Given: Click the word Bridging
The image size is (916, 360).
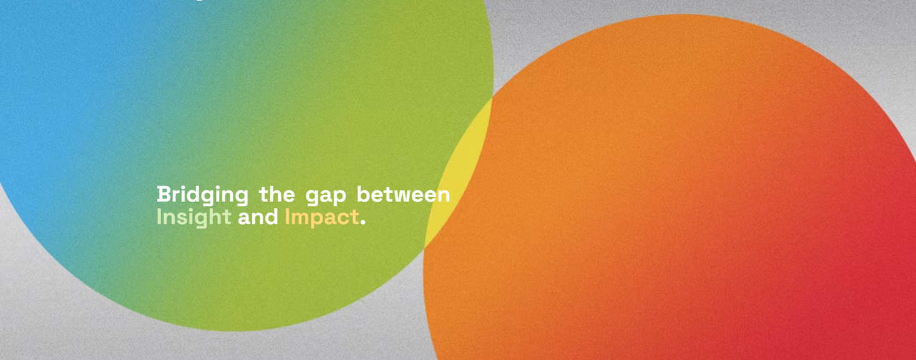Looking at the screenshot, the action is click(x=202, y=195).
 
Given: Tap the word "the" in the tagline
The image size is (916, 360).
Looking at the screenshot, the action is click(x=277, y=194).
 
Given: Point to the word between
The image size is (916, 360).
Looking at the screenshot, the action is click(x=403, y=194).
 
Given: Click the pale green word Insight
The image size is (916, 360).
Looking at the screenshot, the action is click(x=194, y=217).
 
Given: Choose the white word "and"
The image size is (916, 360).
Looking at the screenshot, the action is click(x=258, y=217).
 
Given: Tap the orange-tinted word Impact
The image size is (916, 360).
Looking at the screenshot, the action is click(x=322, y=217).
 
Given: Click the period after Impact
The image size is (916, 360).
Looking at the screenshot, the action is click(x=363, y=223).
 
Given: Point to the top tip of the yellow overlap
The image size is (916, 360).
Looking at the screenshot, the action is click(x=492, y=98).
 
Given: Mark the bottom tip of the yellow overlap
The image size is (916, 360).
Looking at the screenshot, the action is click(x=424, y=248).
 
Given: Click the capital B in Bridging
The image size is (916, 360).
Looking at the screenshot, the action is click(x=164, y=194).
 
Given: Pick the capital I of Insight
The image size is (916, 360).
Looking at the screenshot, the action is click(x=159, y=217).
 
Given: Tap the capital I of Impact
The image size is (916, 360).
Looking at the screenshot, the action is click(x=287, y=217).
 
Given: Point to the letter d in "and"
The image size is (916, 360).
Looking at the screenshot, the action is click(x=271, y=217).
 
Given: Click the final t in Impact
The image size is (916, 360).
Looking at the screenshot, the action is click(x=354, y=218).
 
